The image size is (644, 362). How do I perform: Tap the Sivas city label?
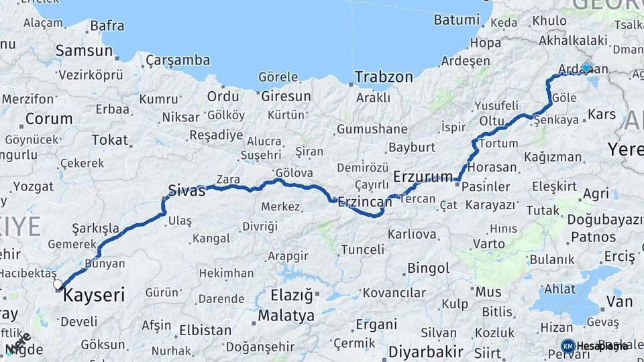pyautogui.click(x=186, y=190)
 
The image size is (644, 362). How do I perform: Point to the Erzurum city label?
pyautogui.click(x=423, y=177)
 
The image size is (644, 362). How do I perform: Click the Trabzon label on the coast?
pyautogui.click(x=384, y=76)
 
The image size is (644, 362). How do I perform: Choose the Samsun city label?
pyautogui.click(x=84, y=50)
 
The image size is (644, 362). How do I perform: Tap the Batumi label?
pyautogui.click(x=456, y=19)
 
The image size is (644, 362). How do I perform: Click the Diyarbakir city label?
pyautogui.click(x=426, y=351)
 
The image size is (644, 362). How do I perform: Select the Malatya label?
pyautogui.click(x=286, y=315)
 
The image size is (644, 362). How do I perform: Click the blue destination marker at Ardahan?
pyautogui.click(x=587, y=68)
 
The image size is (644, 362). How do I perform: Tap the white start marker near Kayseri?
pyautogui.click(x=58, y=284)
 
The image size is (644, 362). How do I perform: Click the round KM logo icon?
pyautogui.click(x=568, y=346)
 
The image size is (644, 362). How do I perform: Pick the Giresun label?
pyautogui.click(x=286, y=96)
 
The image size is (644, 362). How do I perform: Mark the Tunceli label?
pyautogui.click(x=363, y=249)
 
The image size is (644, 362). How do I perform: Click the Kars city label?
pyautogui.click(x=602, y=114)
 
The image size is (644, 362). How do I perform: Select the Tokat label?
pyautogui.click(x=109, y=139)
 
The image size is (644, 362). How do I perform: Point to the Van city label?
pyautogui.click(x=619, y=301)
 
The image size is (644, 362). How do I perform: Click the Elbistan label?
pyautogui.click(x=205, y=330)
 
